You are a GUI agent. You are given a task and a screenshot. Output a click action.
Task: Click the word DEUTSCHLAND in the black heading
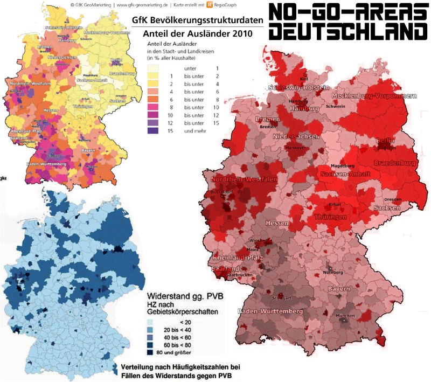[348, 31]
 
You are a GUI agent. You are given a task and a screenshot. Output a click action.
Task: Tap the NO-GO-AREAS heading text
[348, 11]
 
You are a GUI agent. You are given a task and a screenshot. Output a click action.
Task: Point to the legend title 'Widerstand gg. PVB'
[185, 296]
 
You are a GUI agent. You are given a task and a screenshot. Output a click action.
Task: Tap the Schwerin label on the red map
[335, 106]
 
